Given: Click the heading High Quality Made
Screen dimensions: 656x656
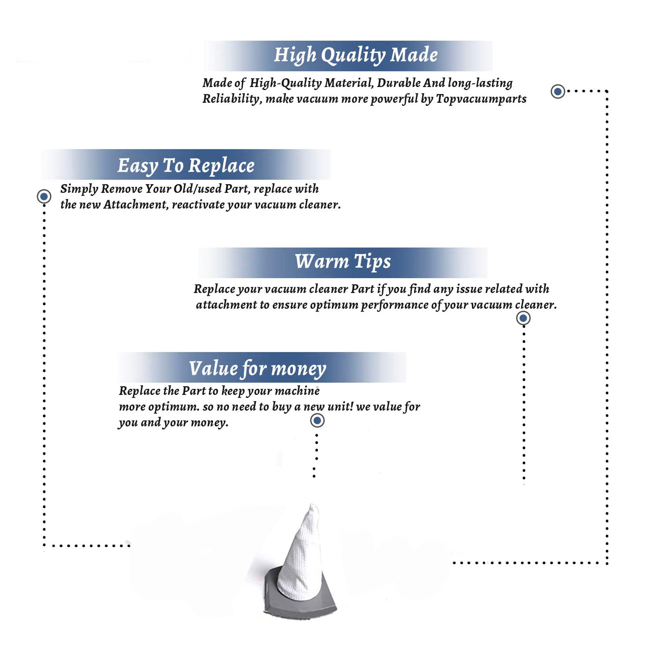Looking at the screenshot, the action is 356,56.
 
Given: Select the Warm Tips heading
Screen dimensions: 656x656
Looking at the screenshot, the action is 342,262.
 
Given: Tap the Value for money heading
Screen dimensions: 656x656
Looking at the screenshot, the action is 258,369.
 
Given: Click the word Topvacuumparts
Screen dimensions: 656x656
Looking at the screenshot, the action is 481,99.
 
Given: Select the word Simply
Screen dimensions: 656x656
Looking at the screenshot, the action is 79,189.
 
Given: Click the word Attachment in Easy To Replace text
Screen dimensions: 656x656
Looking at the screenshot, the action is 136,205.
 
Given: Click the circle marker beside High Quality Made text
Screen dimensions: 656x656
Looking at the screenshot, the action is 558,91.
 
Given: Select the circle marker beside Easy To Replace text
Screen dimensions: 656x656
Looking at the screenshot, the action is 44,196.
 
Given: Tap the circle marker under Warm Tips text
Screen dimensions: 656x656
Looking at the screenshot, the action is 523,318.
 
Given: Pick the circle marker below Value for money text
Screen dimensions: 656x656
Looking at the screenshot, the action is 317,421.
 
